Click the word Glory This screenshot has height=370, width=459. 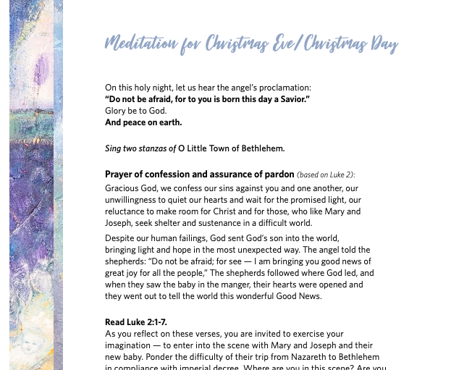[x=117, y=111]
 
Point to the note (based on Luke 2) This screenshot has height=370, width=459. [x=327, y=175]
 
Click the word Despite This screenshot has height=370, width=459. [x=120, y=237]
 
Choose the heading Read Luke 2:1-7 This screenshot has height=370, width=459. [x=137, y=322]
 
